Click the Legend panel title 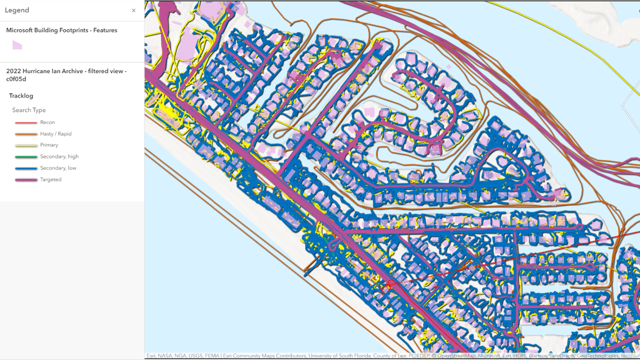click(17, 10)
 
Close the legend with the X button click(134, 10)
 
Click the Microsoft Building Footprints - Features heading click(61, 30)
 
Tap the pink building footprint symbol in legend click(17, 45)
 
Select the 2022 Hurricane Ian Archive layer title click(66, 75)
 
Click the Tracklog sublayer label click(21, 96)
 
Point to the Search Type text click(29, 110)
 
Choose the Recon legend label click(47, 123)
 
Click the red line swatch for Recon click(26, 123)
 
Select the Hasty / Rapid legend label click(55, 134)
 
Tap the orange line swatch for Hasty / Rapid click(26, 134)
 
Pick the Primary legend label click(49, 145)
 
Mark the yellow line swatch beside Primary click(26, 145)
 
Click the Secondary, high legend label click(59, 157)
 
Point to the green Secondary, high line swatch click(26, 157)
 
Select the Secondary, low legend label click(58, 168)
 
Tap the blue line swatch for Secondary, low click(26, 168)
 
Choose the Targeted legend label click(51, 180)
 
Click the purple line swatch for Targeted click(26, 180)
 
